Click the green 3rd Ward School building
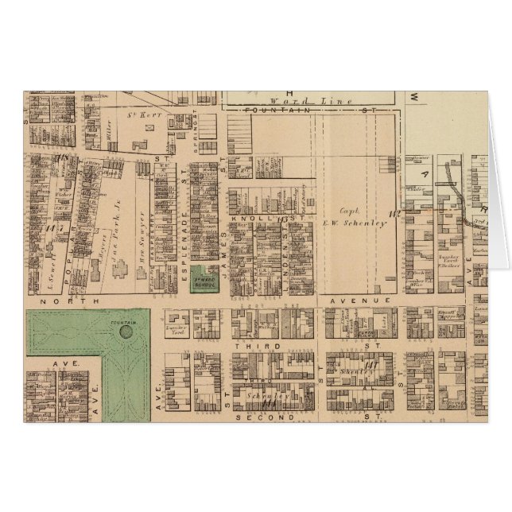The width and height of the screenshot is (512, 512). pyautogui.click(x=205, y=281)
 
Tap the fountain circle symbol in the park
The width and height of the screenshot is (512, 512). pyautogui.click(x=125, y=332)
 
